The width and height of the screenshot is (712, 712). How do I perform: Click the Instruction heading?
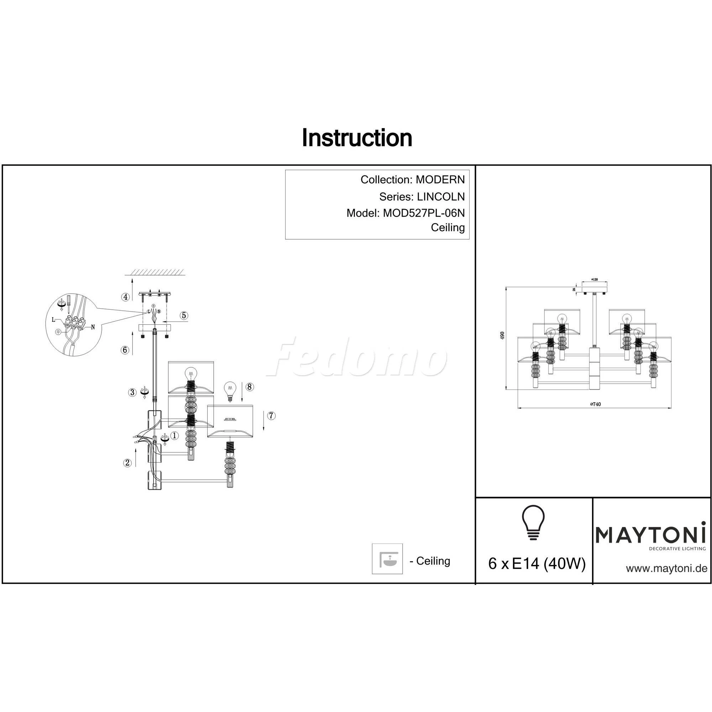[x=357, y=138]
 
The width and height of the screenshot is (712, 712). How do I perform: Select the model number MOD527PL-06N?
[x=424, y=213]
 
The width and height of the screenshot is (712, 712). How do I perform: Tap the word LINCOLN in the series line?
[x=440, y=197]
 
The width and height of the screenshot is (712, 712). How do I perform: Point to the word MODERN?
[x=440, y=180]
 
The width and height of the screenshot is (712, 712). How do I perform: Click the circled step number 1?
[x=174, y=436]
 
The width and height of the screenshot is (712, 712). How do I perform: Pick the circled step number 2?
[x=127, y=463]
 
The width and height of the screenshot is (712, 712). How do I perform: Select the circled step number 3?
[x=132, y=392]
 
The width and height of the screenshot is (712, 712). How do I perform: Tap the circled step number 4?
[x=126, y=297]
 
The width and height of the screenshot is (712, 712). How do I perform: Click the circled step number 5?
[x=184, y=315]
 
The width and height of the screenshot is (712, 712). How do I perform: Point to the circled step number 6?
[x=125, y=350]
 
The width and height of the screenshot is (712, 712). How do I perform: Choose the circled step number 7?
[x=271, y=416]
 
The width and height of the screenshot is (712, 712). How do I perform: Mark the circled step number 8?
[x=250, y=387]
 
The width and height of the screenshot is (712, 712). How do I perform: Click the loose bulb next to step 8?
[x=230, y=391]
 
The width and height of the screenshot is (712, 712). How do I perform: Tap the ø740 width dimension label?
[x=595, y=404]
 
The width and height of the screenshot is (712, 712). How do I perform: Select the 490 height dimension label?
[x=502, y=335]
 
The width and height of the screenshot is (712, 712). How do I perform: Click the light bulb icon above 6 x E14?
[x=533, y=523]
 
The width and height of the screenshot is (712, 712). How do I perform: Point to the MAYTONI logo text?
[x=650, y=535]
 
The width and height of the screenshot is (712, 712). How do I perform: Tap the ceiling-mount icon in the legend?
[x=387, y=559]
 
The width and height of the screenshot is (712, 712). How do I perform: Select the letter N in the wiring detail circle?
[x=93, y=327]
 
